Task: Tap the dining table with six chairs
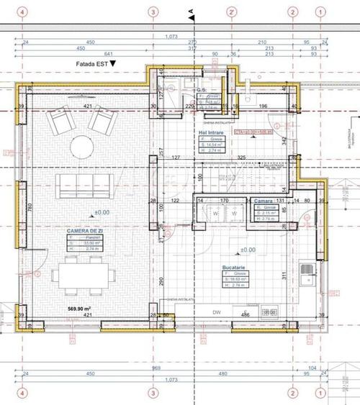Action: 84,273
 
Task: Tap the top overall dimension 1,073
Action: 171,36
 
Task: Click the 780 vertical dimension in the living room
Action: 30,208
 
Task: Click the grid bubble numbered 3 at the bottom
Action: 152,393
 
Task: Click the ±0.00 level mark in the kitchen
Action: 248,250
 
